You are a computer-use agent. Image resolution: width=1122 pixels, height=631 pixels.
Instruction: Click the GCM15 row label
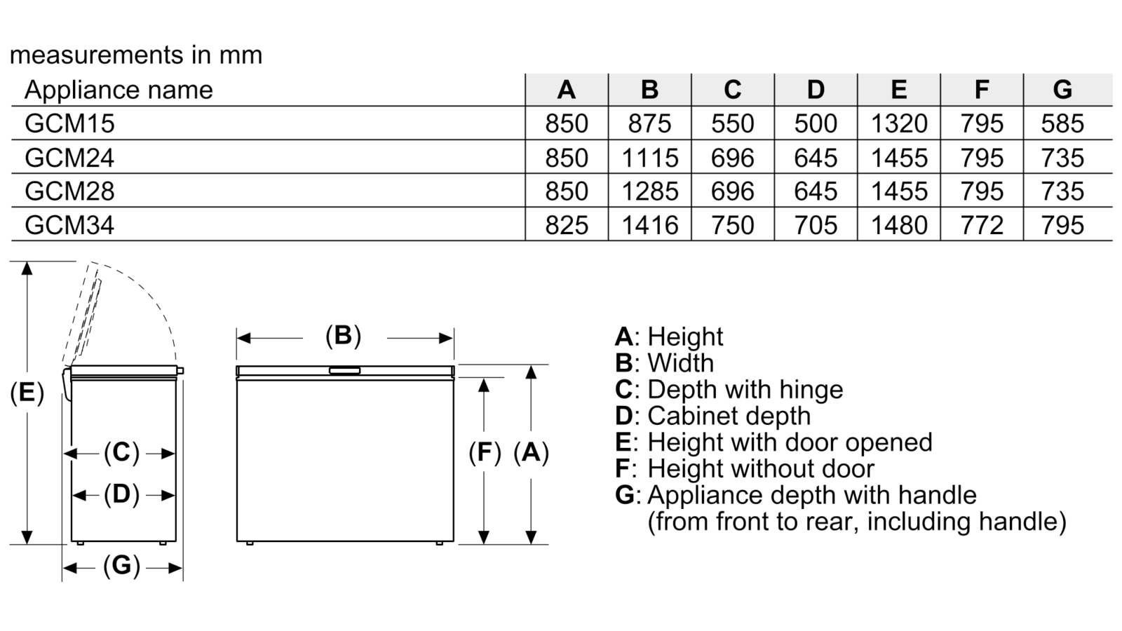click(x=69, y=123)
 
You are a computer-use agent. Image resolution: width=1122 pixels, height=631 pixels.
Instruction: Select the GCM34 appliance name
click(x=69, y=225)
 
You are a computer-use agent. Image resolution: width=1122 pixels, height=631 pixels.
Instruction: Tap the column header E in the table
click(x=899, y=90)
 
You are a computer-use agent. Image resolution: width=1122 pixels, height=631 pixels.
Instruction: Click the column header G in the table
click(x=1062, y=90)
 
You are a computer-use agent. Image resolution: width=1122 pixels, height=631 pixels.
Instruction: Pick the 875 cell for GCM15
click(x=649, y=123)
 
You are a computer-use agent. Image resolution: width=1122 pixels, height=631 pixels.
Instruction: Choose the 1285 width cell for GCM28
click(x=649, y=191)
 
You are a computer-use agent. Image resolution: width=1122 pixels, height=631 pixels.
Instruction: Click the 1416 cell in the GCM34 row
click(x=649, y=225)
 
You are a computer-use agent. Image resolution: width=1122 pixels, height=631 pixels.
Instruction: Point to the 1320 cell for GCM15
click(x=899, y=123)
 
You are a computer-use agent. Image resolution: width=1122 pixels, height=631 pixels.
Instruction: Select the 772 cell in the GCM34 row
click(x=982, y=225)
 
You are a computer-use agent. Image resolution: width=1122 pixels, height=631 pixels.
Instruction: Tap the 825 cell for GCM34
click(x=567, y=225)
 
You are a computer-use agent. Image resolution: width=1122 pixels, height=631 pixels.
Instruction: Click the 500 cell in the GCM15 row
click(x=816, y=123)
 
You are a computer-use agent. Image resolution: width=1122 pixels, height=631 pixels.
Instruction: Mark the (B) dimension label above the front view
click(x=343, y=336)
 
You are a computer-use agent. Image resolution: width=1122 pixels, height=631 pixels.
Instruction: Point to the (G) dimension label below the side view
click(x=121, y=566)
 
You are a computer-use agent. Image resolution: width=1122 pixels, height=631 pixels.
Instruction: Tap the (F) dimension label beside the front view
click(x=485, y=452)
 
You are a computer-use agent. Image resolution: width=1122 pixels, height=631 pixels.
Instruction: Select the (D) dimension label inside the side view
click(x=121, y=494)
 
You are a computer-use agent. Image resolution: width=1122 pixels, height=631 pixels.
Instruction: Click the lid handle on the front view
click(x=344, y=371)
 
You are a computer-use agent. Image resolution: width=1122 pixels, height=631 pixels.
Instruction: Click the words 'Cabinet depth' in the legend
click(x=729, y=416)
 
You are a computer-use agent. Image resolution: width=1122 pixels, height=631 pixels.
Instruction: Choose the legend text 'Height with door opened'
click(x=790, y=442)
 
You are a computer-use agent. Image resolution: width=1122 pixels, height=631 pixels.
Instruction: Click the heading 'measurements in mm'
click(x=136, y=55)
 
